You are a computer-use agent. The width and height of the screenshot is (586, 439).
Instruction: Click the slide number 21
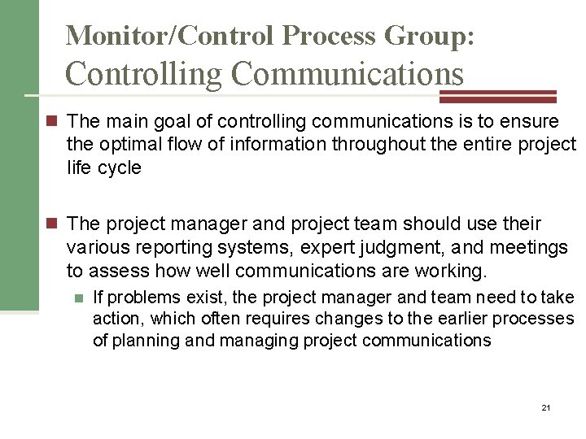click(545, 406)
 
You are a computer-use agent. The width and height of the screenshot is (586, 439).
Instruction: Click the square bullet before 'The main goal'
click(55, 122)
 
